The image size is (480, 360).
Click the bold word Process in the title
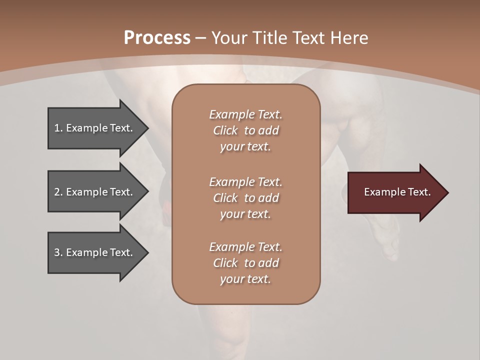click(157, 38)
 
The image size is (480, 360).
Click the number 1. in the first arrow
click(58, 128)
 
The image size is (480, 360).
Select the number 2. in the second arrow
click(58, 192)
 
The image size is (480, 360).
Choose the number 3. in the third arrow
click(58, 252)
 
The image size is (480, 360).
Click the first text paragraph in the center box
click(245, 130)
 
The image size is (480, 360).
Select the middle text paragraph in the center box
click(245, 198)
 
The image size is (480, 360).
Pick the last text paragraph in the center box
click(245, 263)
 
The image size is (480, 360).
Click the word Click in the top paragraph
click(225, 130)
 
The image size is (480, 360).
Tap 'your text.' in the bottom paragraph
click(245, 279)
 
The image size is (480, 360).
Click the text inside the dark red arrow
click(397, 192)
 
